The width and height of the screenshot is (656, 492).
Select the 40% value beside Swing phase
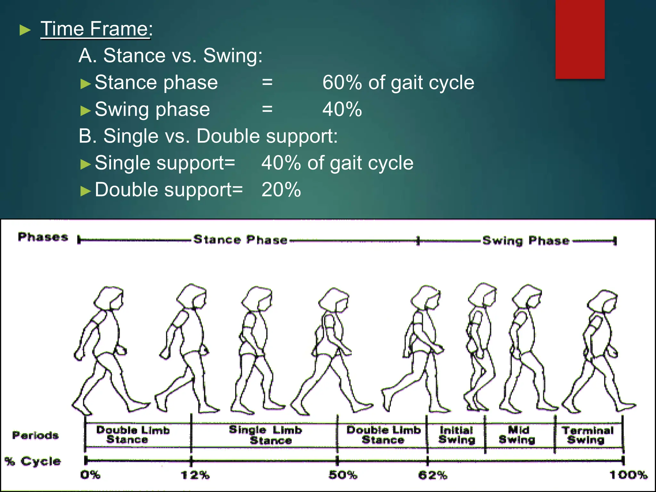coord(342,110)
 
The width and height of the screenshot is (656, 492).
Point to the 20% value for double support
coord(281,190)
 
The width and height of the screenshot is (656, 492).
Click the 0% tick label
coord(90,475)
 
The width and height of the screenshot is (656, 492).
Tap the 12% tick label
coord(195,475)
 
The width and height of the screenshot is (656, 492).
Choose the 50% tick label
coord(343,475)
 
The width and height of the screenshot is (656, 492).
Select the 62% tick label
coord(432,475)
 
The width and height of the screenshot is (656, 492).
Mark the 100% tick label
coord(628,475)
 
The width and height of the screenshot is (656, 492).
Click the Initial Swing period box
coord(456,435)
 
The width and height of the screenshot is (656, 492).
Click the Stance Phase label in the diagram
coord(240,240)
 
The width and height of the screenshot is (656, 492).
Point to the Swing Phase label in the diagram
coord(526,240)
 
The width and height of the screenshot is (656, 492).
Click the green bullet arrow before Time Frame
coord(25,30)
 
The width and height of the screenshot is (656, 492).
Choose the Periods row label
coord(35,435)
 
